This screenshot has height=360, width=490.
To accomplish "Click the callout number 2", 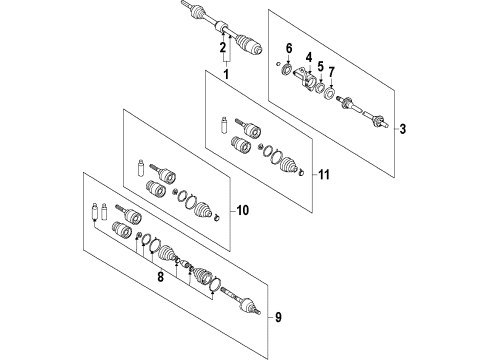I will [x=222, y=47].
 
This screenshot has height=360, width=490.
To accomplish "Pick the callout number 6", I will [x=289, y=47].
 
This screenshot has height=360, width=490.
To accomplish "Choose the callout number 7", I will [x=332, y=75].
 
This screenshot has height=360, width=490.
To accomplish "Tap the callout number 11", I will [x=323, y=175].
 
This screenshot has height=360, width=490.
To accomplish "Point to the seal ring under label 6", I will [x=287, y=70].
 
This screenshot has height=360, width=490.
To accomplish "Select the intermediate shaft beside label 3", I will [x=365, y=111].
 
